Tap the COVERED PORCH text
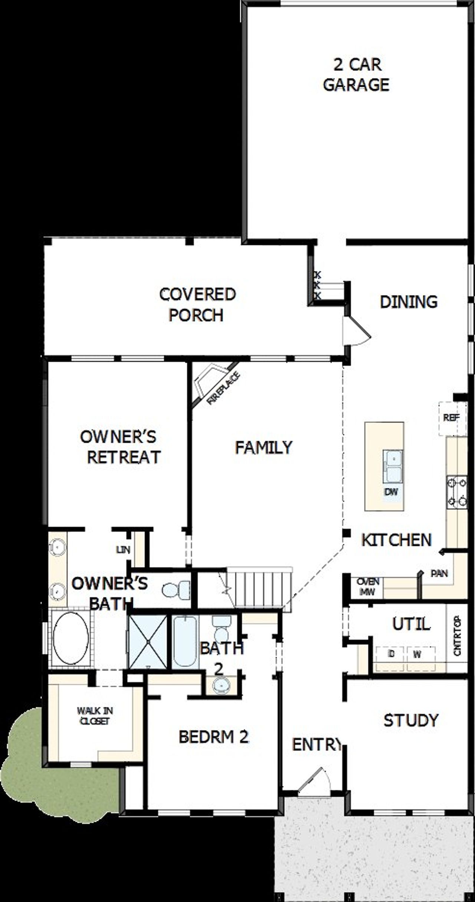point(197,304)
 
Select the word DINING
point(409,302)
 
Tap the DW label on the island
point(391,492)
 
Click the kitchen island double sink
point(393,467)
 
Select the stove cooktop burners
point(457,492)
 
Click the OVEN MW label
point(368,586)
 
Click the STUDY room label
point(411,720)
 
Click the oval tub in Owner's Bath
point(71,637)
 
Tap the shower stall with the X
point(147,641)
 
